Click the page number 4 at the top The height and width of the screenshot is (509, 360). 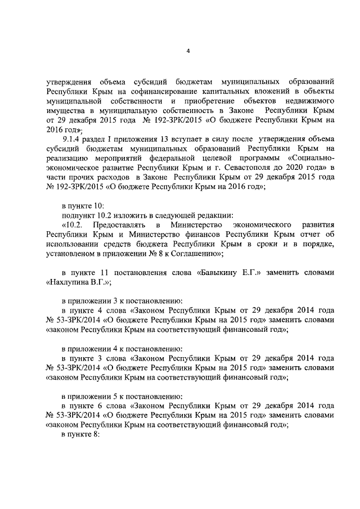point(188,52)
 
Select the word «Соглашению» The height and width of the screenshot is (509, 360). point(196,254)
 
